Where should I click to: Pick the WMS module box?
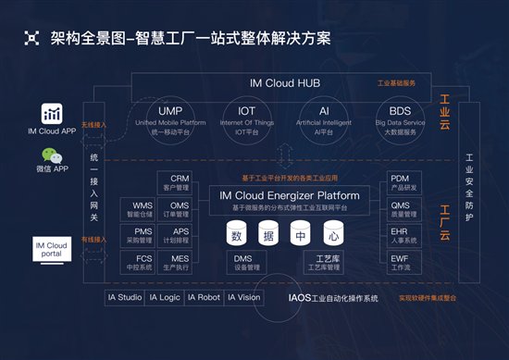point(143,208)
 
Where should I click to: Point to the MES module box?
point(180,263)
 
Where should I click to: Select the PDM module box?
point(400,182)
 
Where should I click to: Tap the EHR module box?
point(400,236)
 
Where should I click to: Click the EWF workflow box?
point(400,263)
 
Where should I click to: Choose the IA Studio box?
point(126,298)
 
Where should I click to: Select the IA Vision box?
point(242,298)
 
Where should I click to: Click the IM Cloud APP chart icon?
point(53,113)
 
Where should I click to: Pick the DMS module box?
point(243,263)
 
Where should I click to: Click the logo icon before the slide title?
point(33,38)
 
